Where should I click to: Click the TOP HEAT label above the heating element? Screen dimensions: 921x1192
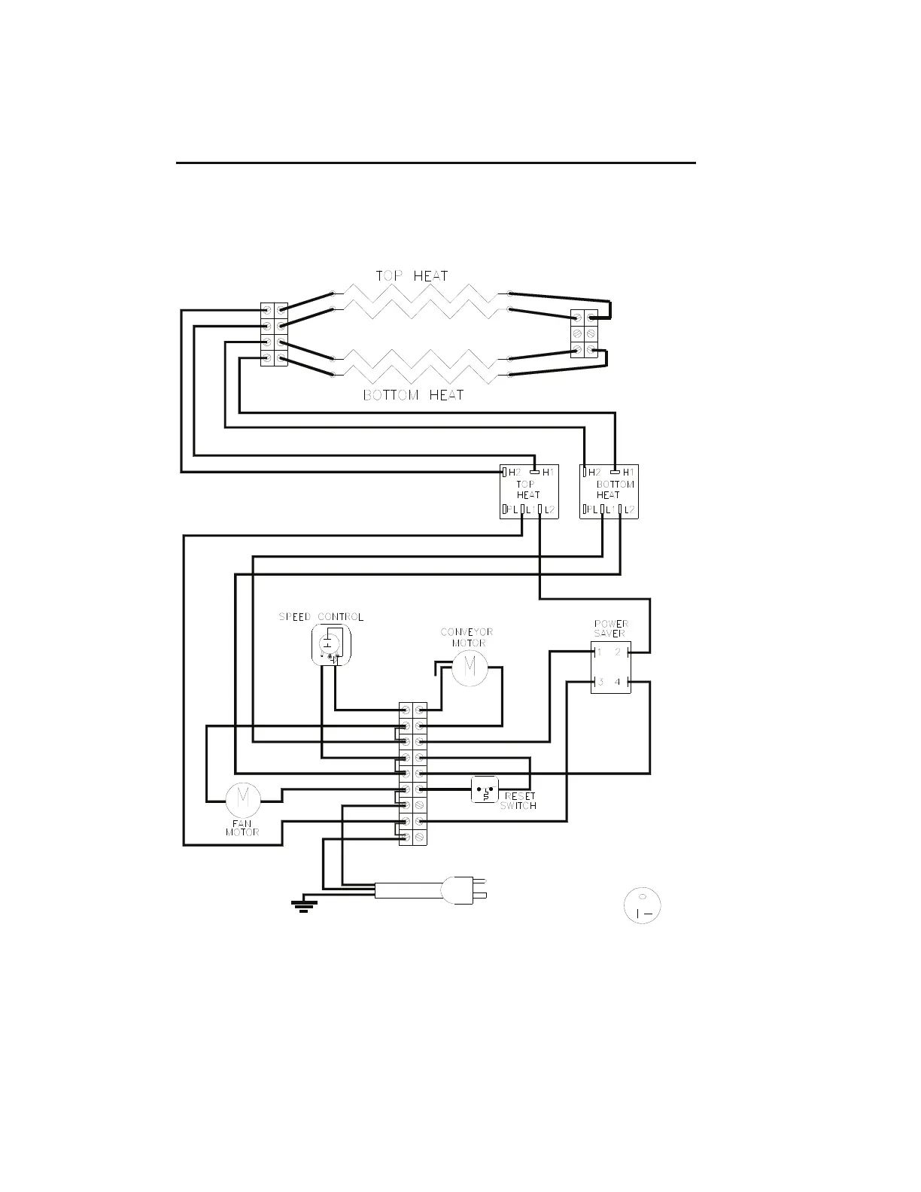412,276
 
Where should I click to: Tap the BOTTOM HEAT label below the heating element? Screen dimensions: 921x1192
413,395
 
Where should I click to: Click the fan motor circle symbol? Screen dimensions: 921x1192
243,800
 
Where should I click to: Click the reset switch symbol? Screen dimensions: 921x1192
485,790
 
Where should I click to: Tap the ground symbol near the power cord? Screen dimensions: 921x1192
304,904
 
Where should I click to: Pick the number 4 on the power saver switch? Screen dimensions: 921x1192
618,683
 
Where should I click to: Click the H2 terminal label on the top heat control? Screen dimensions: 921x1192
515,473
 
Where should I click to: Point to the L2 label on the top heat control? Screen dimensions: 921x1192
550,511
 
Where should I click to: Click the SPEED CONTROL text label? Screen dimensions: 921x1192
321,617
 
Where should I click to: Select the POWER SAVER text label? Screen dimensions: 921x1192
611,628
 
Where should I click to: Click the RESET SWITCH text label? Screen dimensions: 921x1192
519,801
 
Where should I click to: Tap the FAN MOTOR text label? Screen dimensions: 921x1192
242,828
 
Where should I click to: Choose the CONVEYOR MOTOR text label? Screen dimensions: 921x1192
467,637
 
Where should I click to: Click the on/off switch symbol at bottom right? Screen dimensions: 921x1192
643,905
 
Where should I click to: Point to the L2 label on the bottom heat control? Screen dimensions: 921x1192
630,511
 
